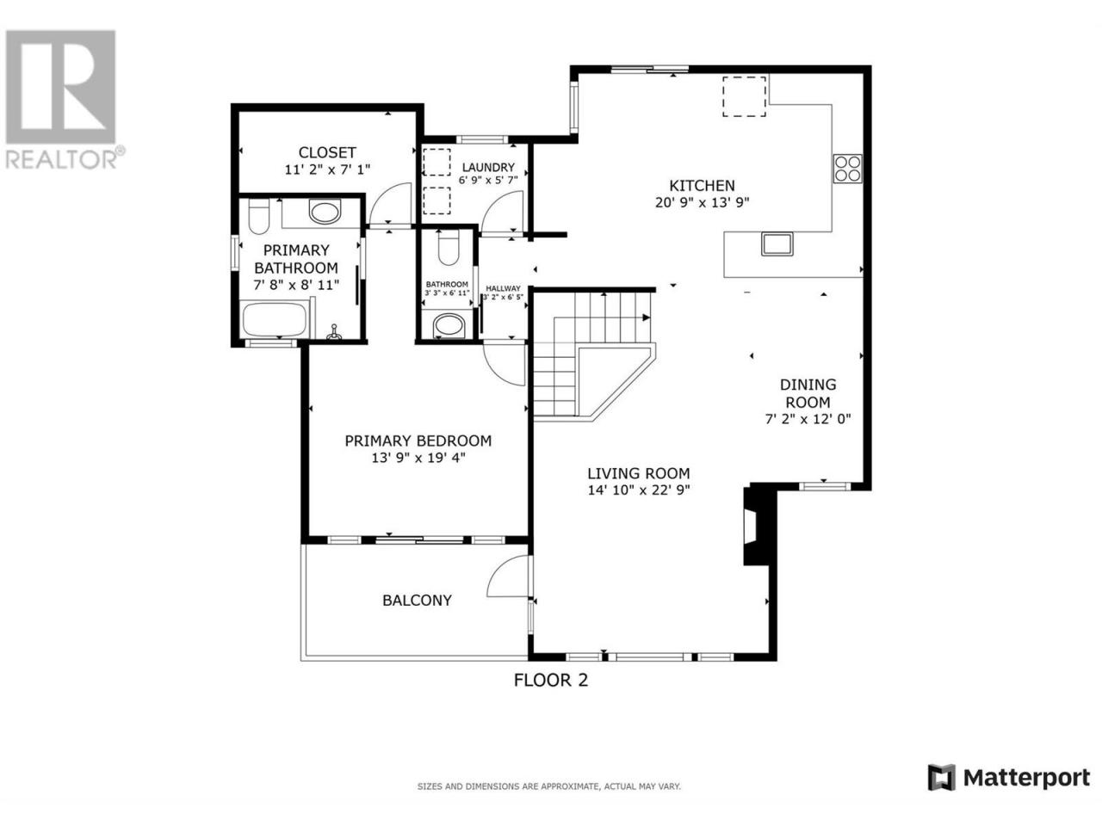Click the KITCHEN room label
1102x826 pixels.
(702, 186)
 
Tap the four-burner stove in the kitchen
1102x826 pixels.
(847, 168)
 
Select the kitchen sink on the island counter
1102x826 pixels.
(777, 243)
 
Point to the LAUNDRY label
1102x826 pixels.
(488, 168)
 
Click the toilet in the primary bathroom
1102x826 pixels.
(259, 217)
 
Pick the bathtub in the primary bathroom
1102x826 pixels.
(274, 319)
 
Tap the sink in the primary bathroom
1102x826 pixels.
(325, 212)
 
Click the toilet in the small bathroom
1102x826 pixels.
(449, 248)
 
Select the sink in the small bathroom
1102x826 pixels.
(449, 325)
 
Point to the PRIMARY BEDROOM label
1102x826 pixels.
(418, 441)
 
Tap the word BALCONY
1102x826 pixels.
(417, 601)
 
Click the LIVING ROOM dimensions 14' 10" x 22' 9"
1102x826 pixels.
(639, 490)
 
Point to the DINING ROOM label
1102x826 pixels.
(808, 393)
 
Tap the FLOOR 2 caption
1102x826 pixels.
(551, 680)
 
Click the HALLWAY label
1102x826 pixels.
(503, 288)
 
